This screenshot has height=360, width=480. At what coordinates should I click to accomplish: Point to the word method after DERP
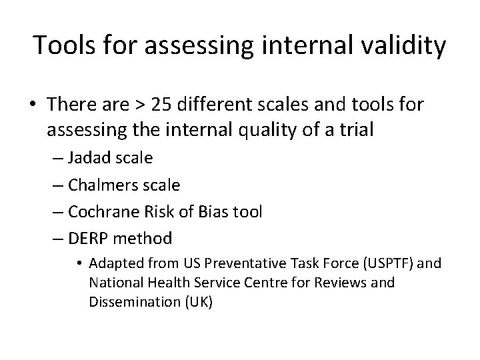click(x=147, y=237)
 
